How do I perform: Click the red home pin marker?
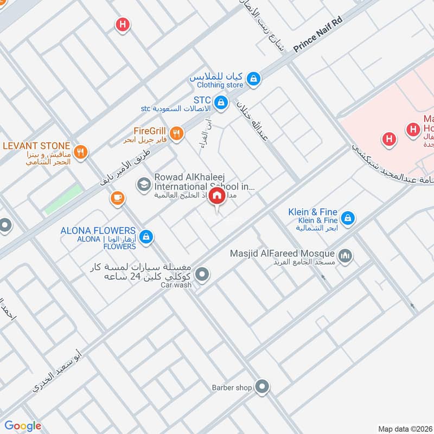pos(217,197)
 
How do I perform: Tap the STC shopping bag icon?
pos(221,102)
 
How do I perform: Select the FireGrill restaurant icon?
pos(176,133)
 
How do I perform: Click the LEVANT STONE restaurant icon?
pos(80,152)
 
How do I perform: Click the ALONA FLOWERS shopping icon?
pos(145,237)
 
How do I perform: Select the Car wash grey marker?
pos(202,275)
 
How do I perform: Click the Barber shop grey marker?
pos(263,387)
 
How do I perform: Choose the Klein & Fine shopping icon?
pos(348,219)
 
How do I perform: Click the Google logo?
pos(23,426)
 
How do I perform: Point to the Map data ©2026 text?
pos(404,428)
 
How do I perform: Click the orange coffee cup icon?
pos(117,200)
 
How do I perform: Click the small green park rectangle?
pos(63,199)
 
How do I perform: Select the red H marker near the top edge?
pos(123,24)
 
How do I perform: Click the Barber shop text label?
pos(232,387)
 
